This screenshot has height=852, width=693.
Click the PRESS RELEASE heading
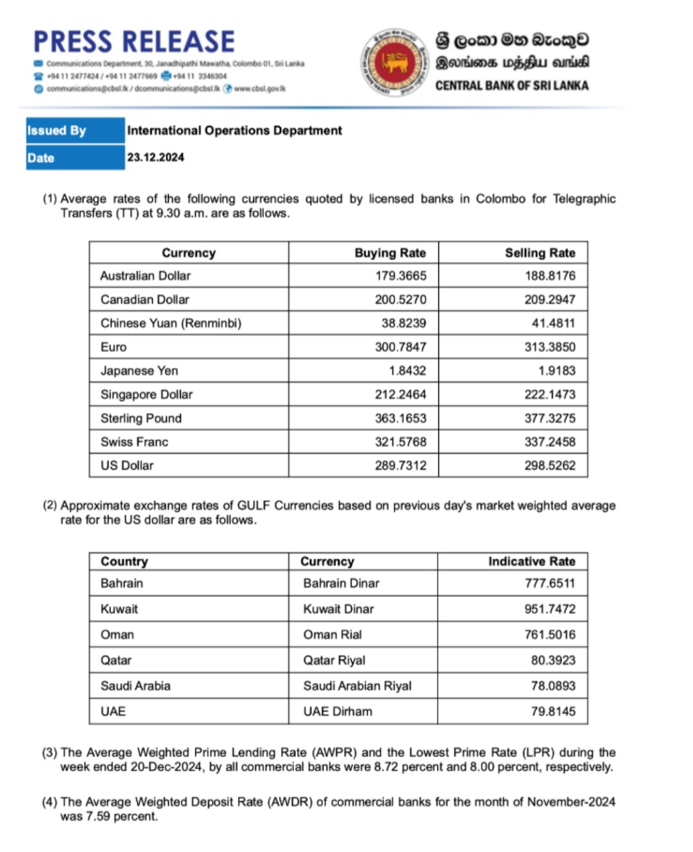coord(134,42)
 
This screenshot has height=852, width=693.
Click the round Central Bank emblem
coord(395,62)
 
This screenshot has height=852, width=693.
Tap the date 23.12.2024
coord(155,157)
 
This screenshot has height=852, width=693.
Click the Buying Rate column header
coord(390,253)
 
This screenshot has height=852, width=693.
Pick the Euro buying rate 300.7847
coord(400,347)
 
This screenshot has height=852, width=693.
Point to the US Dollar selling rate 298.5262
coord(550,465)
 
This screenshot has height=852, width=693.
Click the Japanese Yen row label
coord(139,371)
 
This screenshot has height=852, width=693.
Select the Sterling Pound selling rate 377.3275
coord(550,418)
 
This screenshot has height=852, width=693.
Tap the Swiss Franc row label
coord(134,442)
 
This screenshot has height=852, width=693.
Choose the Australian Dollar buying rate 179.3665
coord(400,276)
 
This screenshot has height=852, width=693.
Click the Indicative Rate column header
coord(531,561)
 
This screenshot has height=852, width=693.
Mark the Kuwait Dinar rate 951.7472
coord(550,609)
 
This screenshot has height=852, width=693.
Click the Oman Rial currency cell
coord(332,635)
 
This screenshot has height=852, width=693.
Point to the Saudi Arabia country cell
coord(135,686)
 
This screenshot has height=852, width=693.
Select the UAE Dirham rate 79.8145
coord(553,712)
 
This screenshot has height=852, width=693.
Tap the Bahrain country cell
coord(122,583)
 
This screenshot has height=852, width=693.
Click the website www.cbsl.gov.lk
coord(259,88)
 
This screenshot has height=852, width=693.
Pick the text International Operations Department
coord(234,130)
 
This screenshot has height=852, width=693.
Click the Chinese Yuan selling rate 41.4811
coord(553,323)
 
